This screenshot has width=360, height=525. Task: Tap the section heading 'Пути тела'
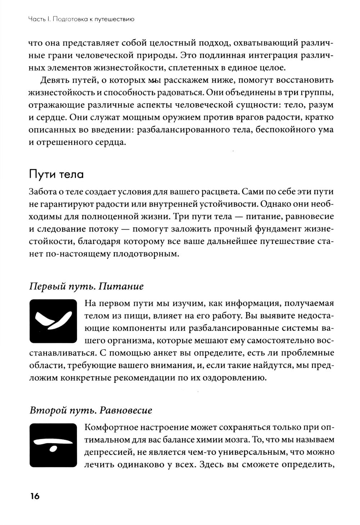coord(56,175)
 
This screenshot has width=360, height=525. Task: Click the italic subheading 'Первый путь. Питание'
coord(86,286)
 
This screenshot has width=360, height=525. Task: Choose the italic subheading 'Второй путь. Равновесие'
coord(91,410)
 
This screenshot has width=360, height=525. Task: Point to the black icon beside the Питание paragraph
coord(53,321)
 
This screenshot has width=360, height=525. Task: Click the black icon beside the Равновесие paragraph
coord(53,445)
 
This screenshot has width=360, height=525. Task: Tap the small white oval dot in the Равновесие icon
coord(53,449)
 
